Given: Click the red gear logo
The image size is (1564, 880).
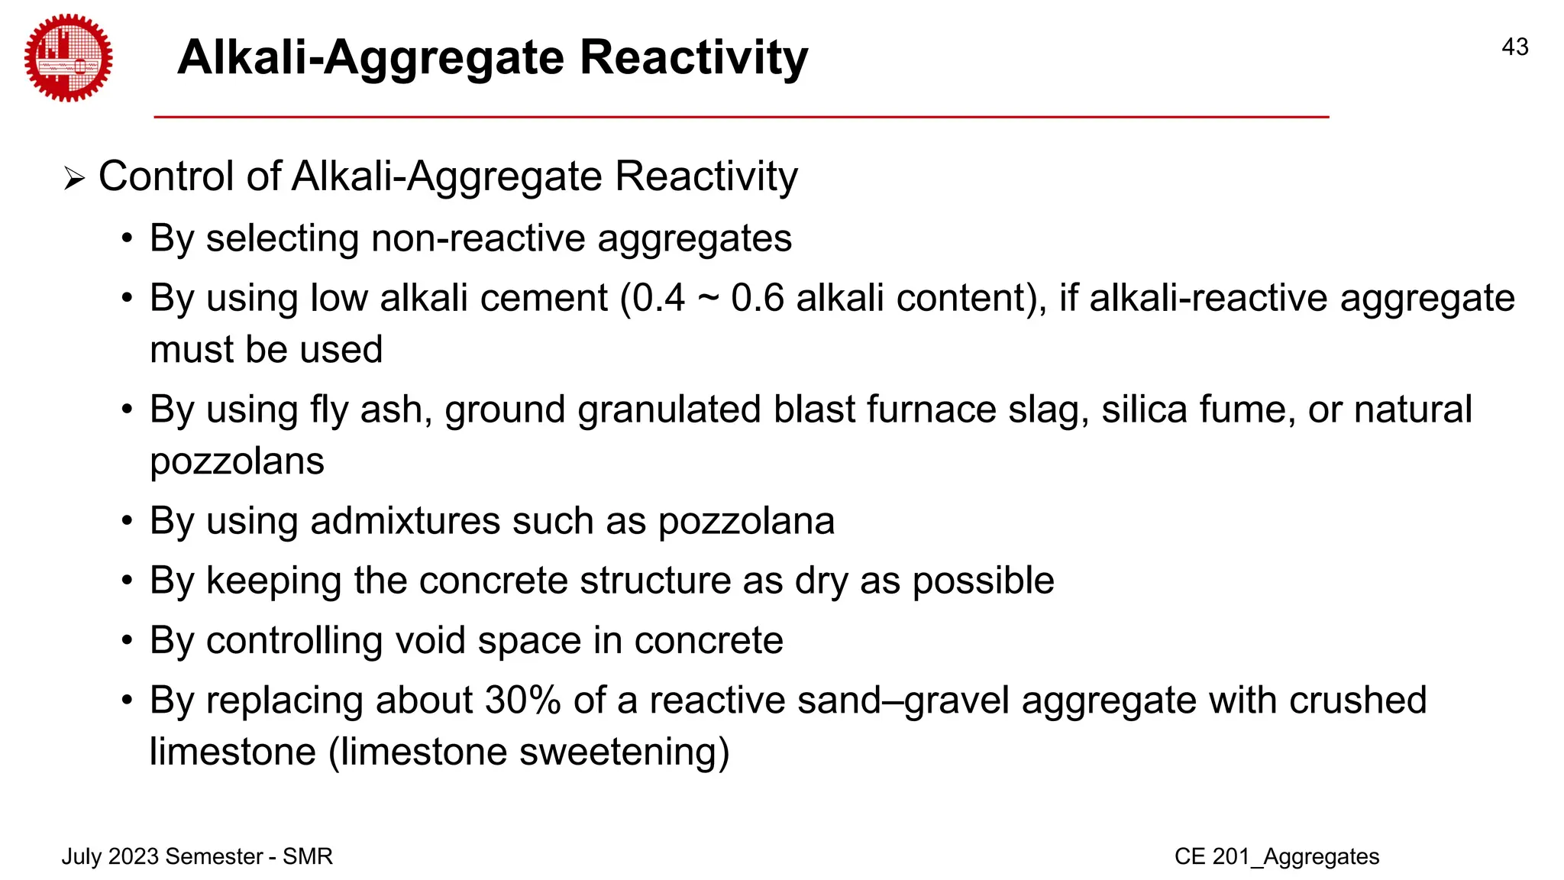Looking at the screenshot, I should (x=68, y=58).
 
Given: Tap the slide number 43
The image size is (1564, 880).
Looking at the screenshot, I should (x=1514, y=47).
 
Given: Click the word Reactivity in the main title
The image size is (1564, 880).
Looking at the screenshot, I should (x=693, y=58).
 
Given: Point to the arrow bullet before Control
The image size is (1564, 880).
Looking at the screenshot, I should (x=74, y=180).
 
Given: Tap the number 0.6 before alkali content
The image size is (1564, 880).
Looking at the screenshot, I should (x=757, y=298).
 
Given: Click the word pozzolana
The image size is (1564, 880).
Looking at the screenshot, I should (x=746, y=522).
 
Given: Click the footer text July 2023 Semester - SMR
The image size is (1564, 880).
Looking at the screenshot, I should (x=197, y=856).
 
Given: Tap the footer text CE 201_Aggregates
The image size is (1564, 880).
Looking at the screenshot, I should (x=1276, y=856).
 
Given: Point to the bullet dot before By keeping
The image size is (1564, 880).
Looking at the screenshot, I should (x=128, y=581).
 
